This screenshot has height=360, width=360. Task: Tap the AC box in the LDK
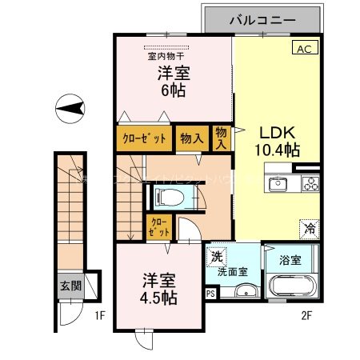coord(305,49)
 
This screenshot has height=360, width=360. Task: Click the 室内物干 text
coord(166,56)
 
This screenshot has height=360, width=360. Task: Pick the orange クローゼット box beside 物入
coord(144,138)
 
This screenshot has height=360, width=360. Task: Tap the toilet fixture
coord(171,198)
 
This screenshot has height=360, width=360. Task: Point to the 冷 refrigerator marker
coord(308,229)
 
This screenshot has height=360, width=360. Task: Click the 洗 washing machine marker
coord(216,258)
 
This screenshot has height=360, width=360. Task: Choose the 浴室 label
coord(290,260)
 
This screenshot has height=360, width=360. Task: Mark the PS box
coord(210,294)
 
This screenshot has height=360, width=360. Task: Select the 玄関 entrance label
coord(70,285)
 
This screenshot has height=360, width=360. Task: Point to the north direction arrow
coord(70,108)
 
